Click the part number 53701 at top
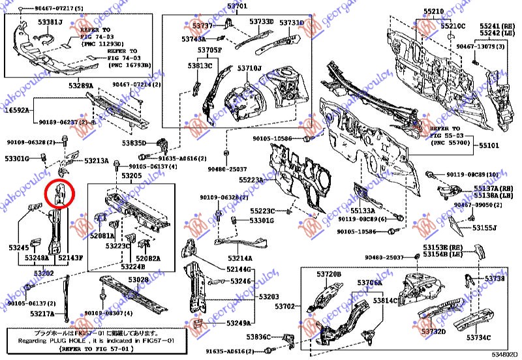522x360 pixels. [x=238, y=6]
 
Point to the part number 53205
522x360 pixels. [x=131, y=176]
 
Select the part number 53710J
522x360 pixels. [x=249, y=68]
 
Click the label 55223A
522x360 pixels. [x=251, y=179]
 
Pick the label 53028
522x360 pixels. [x=138, y=279]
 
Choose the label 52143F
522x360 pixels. [x=70, y=258]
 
